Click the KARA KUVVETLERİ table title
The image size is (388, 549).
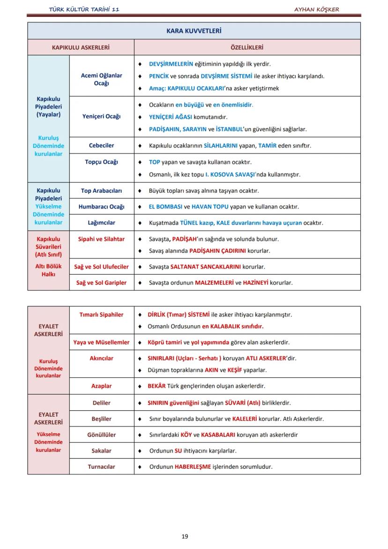[x=194, y=31]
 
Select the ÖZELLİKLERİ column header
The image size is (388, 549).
[x=247, y=47]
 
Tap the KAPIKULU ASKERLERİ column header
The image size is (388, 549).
[x=81, y=47]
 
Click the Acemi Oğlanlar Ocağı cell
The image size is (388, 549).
[x=101, y=79]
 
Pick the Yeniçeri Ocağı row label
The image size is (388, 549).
[x=101, y=116]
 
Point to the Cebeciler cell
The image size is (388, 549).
[x=101, y=145]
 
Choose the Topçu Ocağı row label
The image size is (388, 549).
[x=101, y=162]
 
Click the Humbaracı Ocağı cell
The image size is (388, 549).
[x=101, y=207]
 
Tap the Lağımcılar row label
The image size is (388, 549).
[x=101, y=223]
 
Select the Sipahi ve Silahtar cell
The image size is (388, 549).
[x=101, y=239]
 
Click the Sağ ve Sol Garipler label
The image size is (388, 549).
[x=101, y=283]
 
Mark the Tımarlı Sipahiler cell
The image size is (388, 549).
[x=101, y=315]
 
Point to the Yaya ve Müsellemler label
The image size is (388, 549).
[x=101, y=342]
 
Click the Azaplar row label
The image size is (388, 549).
[x=101, y=386]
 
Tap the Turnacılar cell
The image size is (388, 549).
[x=101, y=466]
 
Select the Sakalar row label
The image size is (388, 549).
[x=101, y=451]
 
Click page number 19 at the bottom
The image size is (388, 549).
[x=185, y=536]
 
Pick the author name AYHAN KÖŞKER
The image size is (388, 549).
[x=316, y=9]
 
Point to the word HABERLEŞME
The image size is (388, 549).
[x=193, y=466]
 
